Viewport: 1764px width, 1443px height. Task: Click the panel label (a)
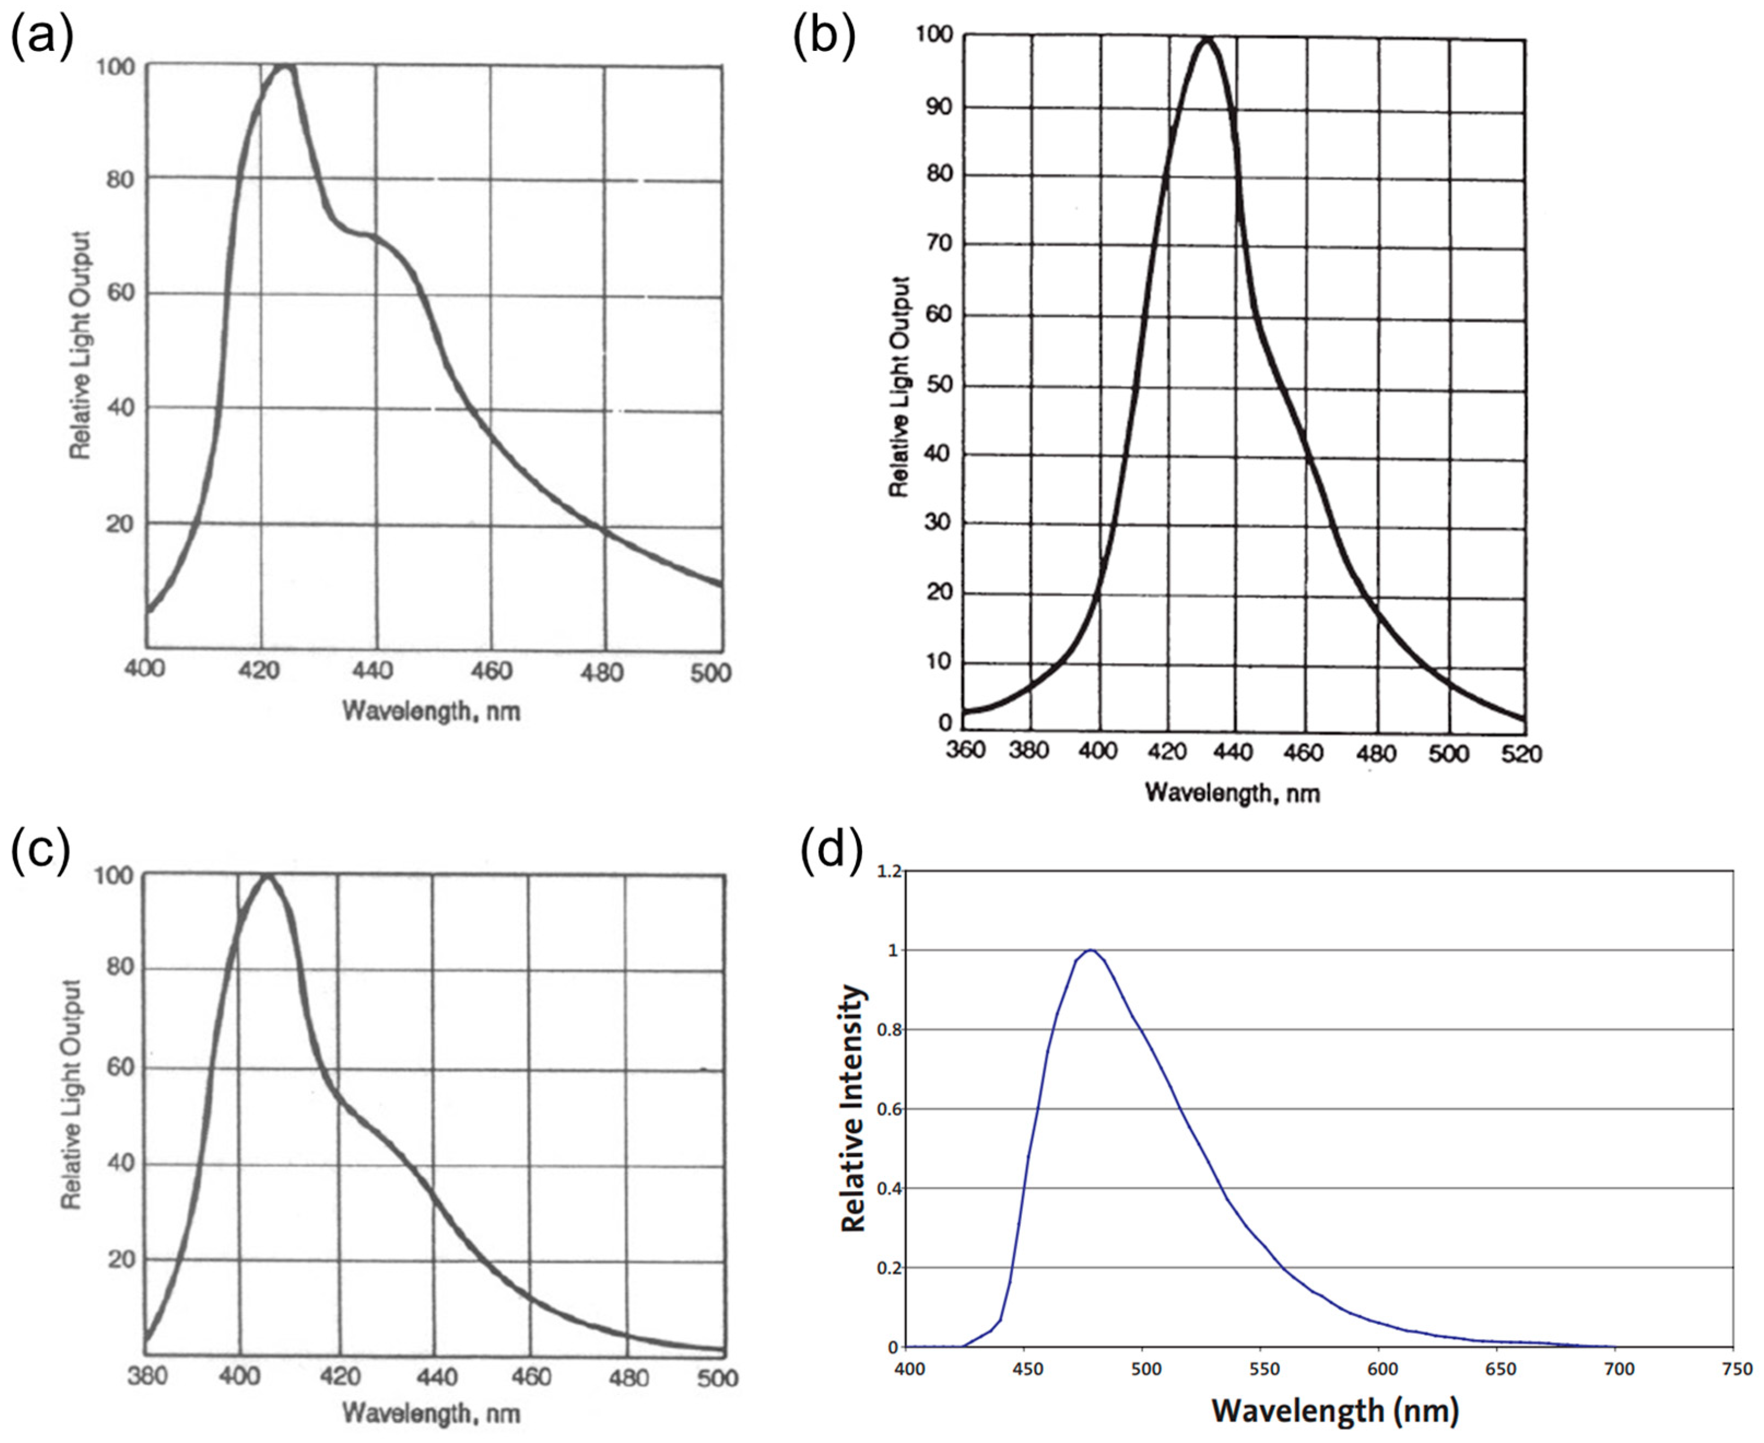tap(42, 37)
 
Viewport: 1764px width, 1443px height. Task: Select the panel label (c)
tap(40, 851)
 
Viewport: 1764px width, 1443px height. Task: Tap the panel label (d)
tap(831, 851)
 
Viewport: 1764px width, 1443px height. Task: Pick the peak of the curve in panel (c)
tap(267, 875)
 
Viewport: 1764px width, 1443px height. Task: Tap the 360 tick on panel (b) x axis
tap(965, 751)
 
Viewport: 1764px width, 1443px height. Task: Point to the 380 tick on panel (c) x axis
tap(147, 1376)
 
